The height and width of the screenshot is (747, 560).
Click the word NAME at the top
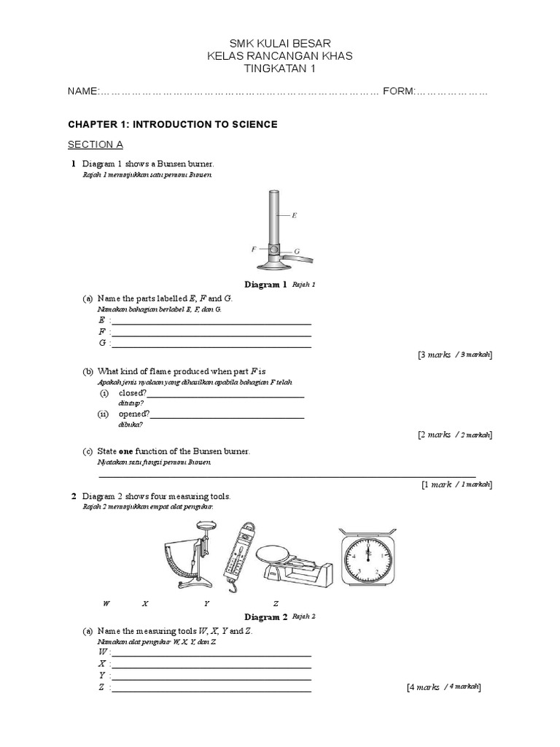[82, 91]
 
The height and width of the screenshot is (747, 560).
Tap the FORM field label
[398, 91]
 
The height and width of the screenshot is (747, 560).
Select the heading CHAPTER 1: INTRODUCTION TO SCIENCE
[172, 125]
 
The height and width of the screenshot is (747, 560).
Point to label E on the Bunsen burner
[294, 215]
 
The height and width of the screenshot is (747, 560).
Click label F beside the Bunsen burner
[254, 249]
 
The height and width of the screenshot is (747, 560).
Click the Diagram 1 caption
[265, 285]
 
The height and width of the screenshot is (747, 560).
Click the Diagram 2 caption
[265, 617]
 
